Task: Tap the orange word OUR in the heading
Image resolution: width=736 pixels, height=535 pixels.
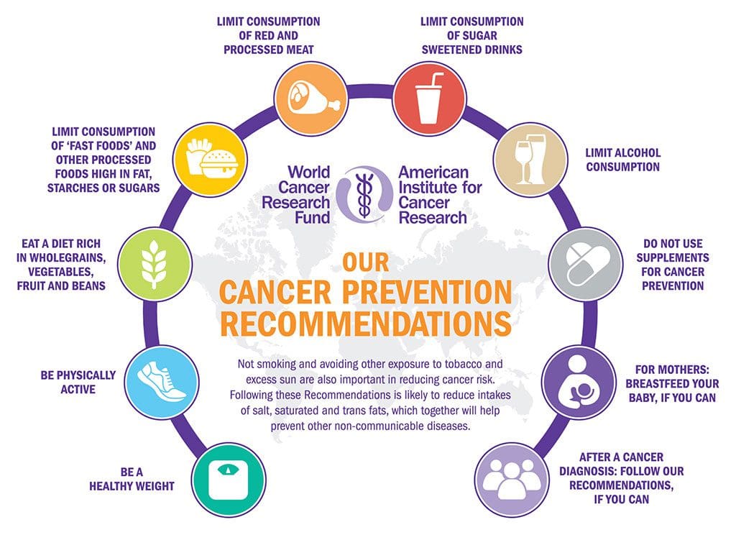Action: tap(365, 262)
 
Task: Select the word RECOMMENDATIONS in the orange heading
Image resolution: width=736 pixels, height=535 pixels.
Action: tap(365, 324)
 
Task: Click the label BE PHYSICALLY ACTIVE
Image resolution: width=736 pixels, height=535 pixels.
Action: tap(78, 382)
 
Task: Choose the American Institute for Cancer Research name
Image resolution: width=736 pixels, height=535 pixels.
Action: tap(440, 194)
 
